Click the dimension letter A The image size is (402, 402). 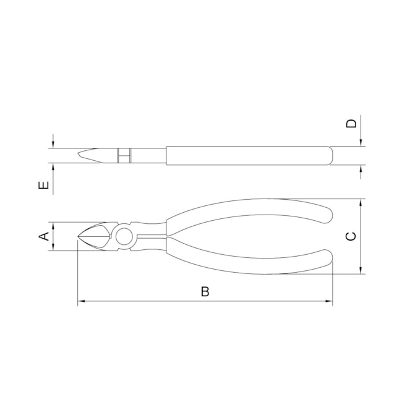(44, 236)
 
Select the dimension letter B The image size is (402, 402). (205, 291)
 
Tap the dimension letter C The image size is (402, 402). (351, 236)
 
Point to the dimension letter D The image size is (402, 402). (351, 123)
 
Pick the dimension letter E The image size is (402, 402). (43, 185)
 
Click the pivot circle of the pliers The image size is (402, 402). (124, 236)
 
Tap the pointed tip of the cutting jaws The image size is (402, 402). (78, 236)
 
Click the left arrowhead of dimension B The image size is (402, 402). (81, 301)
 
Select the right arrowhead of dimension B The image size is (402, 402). (329, 301)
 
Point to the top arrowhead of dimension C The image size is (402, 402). (361, 202)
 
